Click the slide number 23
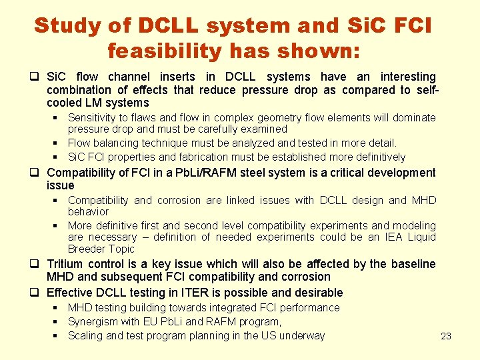coord(446,336)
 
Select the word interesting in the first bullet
coord(408,77)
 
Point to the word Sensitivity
coord(95,118)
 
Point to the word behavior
coord(88,211)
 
